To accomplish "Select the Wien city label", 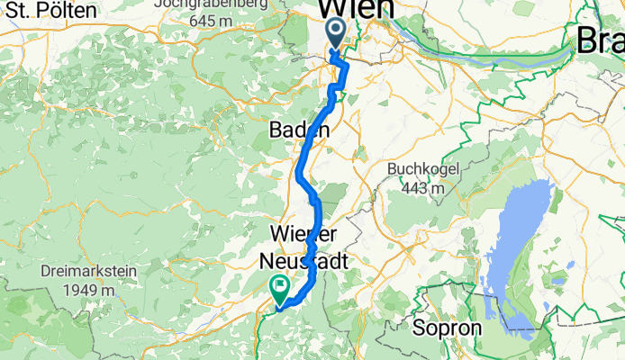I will [x=357, y=8].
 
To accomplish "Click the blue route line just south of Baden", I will [x=300, y=166].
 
